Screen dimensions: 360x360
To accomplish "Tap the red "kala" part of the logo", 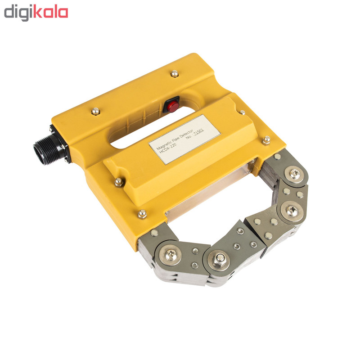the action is (x=51, y=11).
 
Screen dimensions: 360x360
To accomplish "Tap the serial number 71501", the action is (x=198, y=133).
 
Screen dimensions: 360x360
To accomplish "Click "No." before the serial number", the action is (x=189, y=137).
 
